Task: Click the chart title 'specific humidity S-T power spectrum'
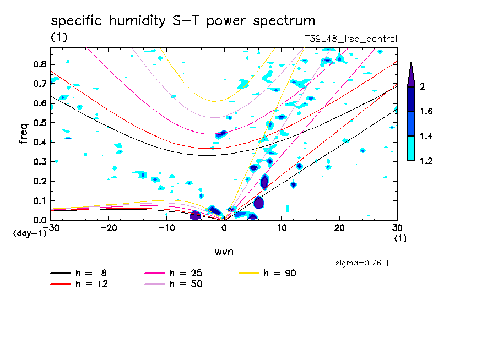point(183,21)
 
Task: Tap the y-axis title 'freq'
point(24,133)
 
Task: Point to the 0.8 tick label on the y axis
point(39,64)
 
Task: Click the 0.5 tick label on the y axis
point(39,122)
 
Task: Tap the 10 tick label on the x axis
point(282,228)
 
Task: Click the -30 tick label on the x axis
point(51,228)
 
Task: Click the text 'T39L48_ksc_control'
point(350,39)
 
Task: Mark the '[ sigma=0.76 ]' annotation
point(358,263)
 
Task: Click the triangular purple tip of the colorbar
point(411,75)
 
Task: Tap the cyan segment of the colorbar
point(411,149)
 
